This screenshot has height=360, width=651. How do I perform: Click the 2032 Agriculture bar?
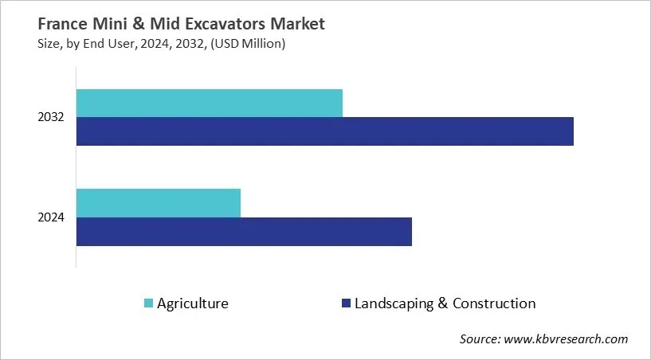click(x=209, y=104)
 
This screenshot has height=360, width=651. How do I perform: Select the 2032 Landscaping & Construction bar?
click(x=324, y=131)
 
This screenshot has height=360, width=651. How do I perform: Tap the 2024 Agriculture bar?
click(x=158, y=203)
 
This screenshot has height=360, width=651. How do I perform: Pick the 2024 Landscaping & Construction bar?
click(x=244, y=231)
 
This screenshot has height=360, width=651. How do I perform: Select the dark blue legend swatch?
click(x=345, y=303)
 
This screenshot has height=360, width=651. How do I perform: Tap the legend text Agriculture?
click(x=193, y=303)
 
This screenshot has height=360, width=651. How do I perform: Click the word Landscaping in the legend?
click(x=395, y=303)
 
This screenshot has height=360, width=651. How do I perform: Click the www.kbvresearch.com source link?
click(x=567, y=339)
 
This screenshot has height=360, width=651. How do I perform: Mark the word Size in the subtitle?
click(x=49, y=44)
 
